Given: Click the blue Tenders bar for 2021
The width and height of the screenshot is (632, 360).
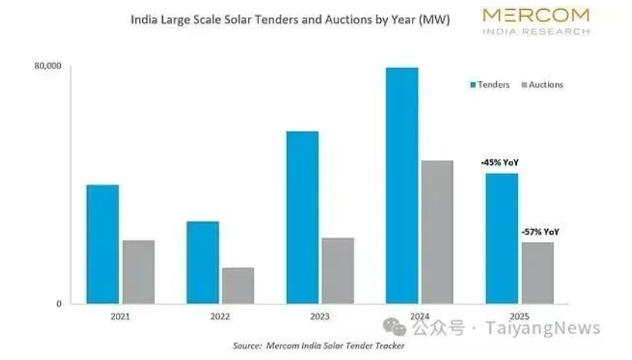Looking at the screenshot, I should click(x=102, y=244).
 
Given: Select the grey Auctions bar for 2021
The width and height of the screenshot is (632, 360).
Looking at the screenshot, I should click(x=138, y=272).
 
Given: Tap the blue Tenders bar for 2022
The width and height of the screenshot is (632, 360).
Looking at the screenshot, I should click(x=203, y=262).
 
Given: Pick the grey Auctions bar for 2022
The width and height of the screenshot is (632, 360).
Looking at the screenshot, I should click(x=238, y=286).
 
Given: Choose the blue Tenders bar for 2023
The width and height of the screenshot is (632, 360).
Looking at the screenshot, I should click(x=302, y=217).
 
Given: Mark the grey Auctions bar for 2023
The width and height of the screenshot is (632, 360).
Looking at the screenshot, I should click(x=337, y=271).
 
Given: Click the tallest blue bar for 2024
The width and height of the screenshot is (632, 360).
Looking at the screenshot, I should click(x=402, y=186).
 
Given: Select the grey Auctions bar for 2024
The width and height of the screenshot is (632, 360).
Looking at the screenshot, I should click(x=437, y=232).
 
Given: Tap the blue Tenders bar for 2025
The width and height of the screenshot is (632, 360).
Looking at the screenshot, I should click(x=501, y=238).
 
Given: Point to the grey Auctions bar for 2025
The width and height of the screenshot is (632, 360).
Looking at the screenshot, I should click(x=537, y=273).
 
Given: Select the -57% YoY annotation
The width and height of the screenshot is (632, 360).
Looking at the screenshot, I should click(x=540, y=232).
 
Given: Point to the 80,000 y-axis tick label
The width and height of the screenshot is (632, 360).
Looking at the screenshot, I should click(x=47, y=67).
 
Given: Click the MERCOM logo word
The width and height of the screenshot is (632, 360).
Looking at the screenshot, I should click(x=536, y=15).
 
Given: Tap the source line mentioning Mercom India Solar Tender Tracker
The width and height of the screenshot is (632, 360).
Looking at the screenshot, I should click(x=319, y=346).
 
